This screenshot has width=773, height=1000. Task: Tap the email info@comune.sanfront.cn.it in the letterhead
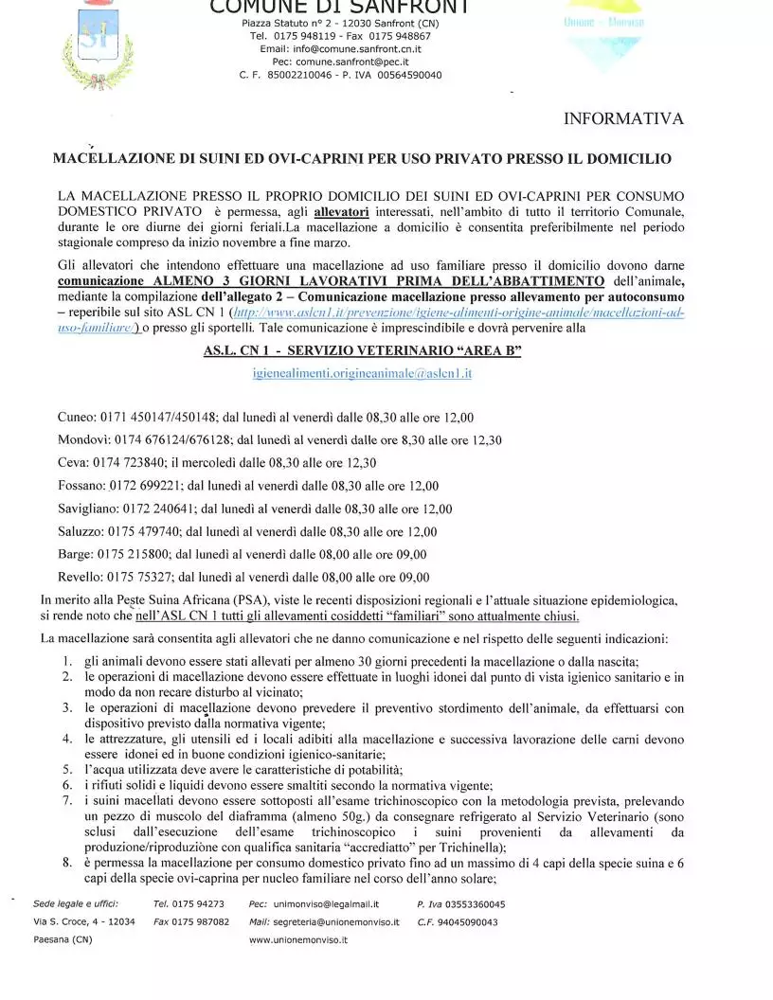point(340,47)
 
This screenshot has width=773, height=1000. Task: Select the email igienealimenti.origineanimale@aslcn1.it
point(362,373)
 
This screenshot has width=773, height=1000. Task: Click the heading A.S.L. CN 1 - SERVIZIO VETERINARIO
point(362,350)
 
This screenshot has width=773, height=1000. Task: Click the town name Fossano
point(81,486)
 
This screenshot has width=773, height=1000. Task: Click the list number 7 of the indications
point(67,800)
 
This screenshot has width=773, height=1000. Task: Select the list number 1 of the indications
point(67,660)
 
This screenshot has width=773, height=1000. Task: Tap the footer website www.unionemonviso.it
point(298,939)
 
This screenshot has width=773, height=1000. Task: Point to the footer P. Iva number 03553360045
point(474,903)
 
